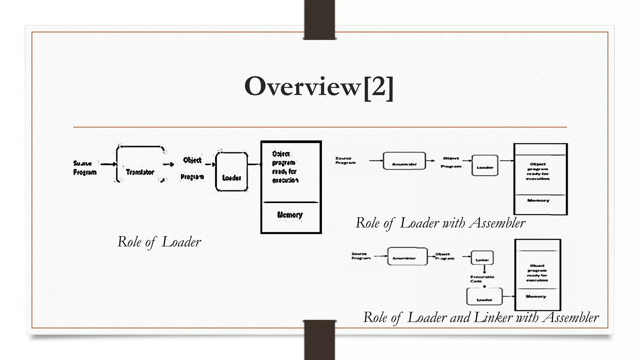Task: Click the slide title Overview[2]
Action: (x=319, y=87)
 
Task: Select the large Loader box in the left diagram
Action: (x=232, y=172)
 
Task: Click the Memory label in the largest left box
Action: (x=290, y=215)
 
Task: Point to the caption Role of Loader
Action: (x=159, y=242)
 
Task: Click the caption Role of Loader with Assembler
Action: (x=440, y=223)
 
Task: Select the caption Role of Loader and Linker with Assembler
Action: (x=481, y=317)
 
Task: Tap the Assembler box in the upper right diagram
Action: (x=404, y=161)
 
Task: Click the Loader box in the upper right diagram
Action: (x=485, y=166)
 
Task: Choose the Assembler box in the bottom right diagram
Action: (x=407, y=256)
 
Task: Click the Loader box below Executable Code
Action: (x=484, y=296)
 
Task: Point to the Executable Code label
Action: (x=482, y=279)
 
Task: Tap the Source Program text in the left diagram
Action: (x=85, y=168)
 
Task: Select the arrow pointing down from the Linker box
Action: (x=484, y=269)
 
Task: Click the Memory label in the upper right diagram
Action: (x=538, y=201)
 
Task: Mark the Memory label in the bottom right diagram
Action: (x=536, y=296)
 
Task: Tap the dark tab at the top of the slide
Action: (x=319, y=19)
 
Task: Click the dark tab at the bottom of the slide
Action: (x=319, y=340)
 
